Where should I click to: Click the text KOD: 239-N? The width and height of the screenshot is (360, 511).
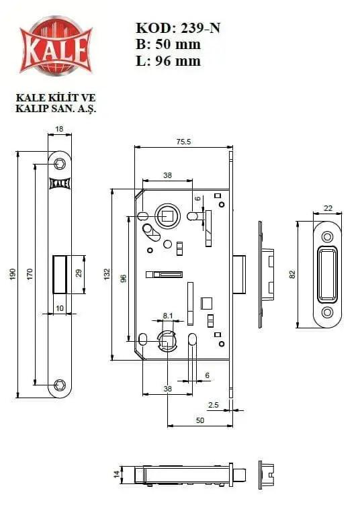pyautogui.click(x=178, y=28)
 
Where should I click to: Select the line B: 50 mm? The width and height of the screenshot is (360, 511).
pyautogui.click(x=168, y=44)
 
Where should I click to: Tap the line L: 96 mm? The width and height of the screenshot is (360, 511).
pyautogui.click(x=168, y=61)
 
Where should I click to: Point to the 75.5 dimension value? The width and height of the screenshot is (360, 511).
pyautogui.click(x=183, y=142)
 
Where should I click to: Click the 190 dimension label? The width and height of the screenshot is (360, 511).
pyautogui.click(x=12, y=275)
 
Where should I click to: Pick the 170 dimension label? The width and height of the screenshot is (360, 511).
pyautogui.click(x=30, y=275)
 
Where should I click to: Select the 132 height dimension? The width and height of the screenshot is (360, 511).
pyautogui.click(x=107, y=275)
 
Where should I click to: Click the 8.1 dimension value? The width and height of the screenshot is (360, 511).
pyautogui.click(x=168, y=316)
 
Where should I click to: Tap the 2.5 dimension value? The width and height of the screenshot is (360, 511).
pyautogui.click(x=214, y=405)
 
